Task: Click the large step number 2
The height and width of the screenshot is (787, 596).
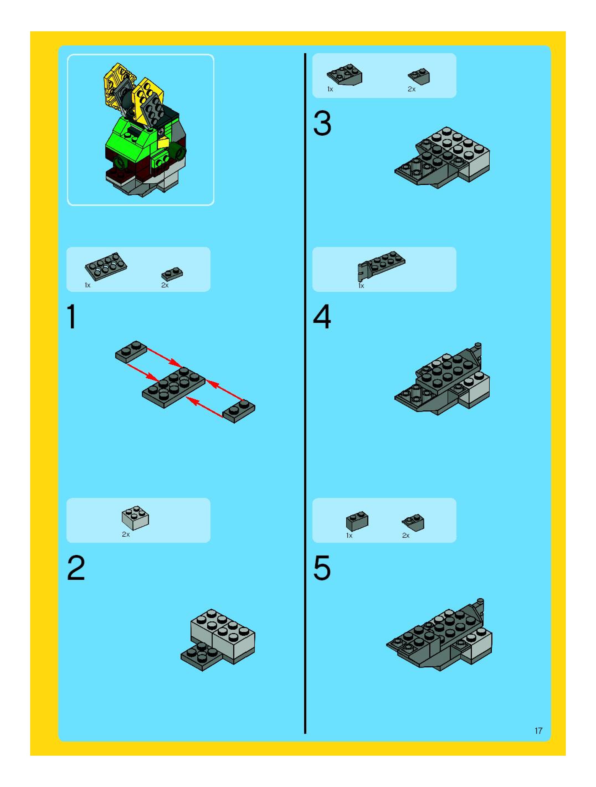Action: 76,568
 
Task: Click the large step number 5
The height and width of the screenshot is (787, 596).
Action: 322,568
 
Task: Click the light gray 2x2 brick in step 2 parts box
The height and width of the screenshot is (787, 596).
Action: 135,518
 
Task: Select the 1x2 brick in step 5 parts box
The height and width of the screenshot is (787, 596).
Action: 357,521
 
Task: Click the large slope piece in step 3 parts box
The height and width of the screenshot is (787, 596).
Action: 345,75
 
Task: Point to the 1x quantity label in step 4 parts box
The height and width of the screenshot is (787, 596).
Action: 361,286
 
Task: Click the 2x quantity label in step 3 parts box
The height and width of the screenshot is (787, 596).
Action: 412,89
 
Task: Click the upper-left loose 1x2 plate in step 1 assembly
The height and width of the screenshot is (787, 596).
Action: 131,352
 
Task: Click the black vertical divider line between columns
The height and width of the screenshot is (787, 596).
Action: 305,393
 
